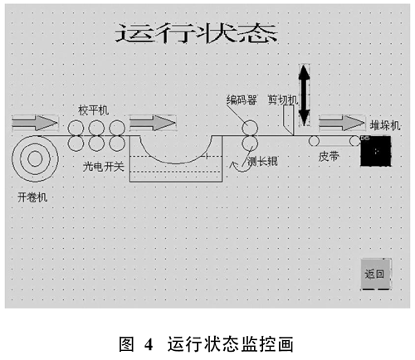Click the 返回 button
tap(376, 274)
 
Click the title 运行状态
tap(196, 33)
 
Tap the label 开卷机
tap(32, 197)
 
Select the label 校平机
tap(93, 110)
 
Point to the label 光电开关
tap(104, 167)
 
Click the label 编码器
tap(242, 100)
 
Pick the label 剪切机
tap(283, 100)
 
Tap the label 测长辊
tap(262, 161)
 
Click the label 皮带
tap(329, 157)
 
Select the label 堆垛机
tap(385, 125)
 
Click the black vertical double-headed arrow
tap(305, 95)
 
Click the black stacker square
tap(376, 151)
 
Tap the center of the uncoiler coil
tap(35, 159)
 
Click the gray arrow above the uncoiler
tap(35, 123)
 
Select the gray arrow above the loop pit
tap(153, 123)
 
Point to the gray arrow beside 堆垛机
tap(342, 123)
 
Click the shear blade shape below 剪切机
tap(288, 120)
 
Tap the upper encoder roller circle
tap(250, 129)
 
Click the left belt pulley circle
tap(314, 141)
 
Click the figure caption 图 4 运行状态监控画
tap(206, 344)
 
